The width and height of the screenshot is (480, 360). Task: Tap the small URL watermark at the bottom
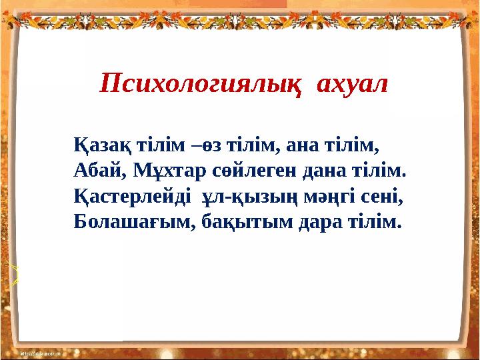click(x=41, y=354)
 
